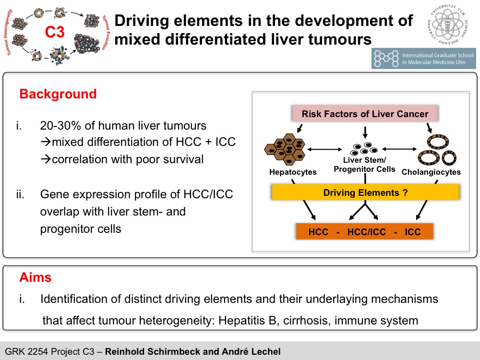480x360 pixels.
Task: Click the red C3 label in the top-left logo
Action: [55, 32]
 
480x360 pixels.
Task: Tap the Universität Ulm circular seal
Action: [447, 24]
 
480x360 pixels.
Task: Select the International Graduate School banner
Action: [424, 59]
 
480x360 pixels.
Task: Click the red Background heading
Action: [58, 94]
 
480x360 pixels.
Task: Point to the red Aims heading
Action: [35, 277]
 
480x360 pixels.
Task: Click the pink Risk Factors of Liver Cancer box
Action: [365, 114]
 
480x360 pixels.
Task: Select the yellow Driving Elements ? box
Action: [365, 192]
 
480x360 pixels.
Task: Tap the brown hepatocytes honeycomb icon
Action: [285, 149]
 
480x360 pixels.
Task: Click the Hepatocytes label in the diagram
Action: [293, 172]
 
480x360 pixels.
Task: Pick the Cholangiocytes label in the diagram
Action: [431, 172]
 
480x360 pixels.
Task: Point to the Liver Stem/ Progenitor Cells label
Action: [364, 164]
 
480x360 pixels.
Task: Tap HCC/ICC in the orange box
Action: [366, 232]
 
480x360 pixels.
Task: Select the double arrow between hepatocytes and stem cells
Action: [325, 149]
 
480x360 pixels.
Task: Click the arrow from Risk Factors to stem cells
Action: [365, 132]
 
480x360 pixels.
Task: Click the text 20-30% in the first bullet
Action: [61, 125]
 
